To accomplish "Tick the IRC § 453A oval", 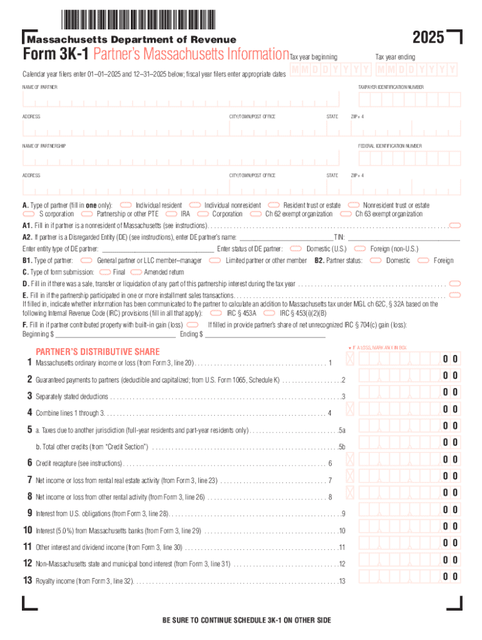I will click(x=216, y=312).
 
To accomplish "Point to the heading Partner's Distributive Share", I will click(x=97, y=351).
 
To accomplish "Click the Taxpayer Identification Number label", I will click(x=391, y=87).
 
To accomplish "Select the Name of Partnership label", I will click(x=44, y=146).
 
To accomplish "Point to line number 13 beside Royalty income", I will click(x=28, y=581).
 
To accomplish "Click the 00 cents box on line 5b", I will click(x=450, y=442).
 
